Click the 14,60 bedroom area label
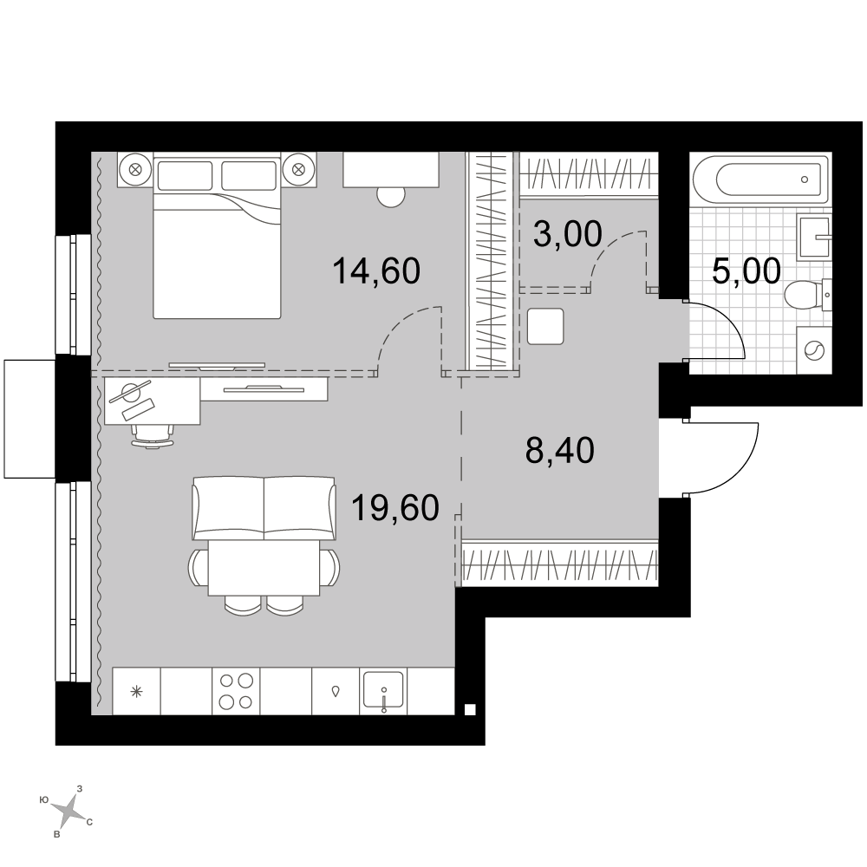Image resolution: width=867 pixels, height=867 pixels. tap(376, 271)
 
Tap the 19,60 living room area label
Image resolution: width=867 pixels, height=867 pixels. tap(395, 507)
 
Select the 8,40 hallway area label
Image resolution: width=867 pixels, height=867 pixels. tap(559, 450)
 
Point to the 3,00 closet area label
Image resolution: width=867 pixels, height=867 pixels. tap(567, 234)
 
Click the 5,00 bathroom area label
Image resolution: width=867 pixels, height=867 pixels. tap(746, 271)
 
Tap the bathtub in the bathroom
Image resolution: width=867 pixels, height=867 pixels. tap(761, 179)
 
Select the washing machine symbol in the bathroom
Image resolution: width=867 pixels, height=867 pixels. tap(814, 350)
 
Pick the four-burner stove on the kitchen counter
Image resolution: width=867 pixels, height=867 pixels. tap(236, 691)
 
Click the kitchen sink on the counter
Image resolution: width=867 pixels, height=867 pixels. tap(382, 691)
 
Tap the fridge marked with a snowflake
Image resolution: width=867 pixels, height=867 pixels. tap(136, 691)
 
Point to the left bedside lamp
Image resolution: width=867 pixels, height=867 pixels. tap(135, 169)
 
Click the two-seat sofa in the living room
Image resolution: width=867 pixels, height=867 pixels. tap(264, 508)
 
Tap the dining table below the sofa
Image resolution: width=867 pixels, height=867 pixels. tap(264, 568)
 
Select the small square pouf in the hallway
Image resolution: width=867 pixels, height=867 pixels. tap(545, 326)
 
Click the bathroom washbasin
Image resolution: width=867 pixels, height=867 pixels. tap(813, 238)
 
